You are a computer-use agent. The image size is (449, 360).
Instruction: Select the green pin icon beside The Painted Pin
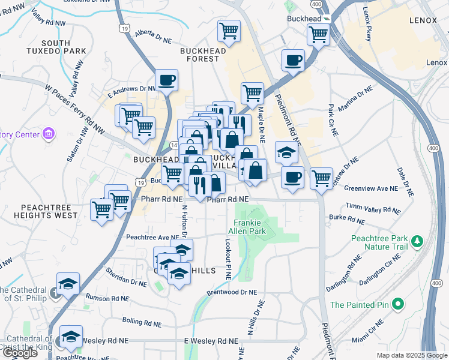click(397, 305)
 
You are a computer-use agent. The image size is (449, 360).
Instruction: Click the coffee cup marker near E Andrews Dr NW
click(166, 80)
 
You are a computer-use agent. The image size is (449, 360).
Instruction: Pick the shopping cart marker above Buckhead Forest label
click(229, 31)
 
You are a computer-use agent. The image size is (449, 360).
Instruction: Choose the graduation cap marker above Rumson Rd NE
click(68, 284)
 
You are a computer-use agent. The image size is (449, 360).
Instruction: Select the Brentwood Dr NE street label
click(231, 292)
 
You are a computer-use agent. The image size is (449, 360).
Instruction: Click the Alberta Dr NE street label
click(154, 35)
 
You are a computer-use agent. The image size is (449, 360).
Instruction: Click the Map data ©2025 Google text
click(411, 355)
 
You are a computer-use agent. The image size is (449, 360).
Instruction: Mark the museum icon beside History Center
click(48, 133)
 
